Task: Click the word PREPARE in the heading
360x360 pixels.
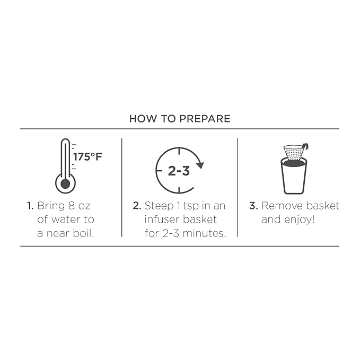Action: tap(205, 119)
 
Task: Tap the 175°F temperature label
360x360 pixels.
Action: tap(87, 157)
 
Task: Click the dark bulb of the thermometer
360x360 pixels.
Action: tap(65, 183)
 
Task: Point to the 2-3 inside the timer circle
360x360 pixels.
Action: tap(179, 171)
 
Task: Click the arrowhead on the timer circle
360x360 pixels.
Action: tap(200, 165)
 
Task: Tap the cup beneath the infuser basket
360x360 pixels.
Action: tap(294, 176)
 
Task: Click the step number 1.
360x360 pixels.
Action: tap(30, 206)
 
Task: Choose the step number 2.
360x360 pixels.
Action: tap(137, 206)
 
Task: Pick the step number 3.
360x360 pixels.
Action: tap(254, 206)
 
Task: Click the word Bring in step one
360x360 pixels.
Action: tap(51, 206)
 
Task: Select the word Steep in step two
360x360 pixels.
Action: tap(159, 206)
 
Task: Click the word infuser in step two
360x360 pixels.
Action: tap(161, 219)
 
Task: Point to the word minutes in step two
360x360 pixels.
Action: tap(204, 233)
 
